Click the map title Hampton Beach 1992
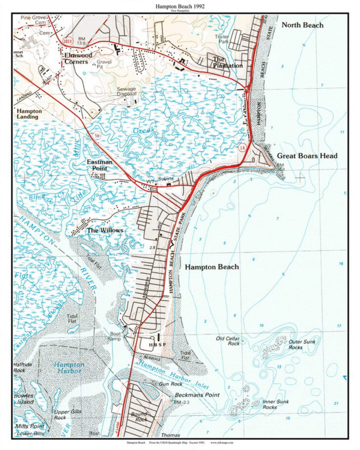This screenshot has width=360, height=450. [x=180, y=6]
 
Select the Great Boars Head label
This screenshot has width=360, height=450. [x=307, y=156]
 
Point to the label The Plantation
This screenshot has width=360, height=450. [x=227, y=62]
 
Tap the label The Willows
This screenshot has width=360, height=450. [x=105, y=230]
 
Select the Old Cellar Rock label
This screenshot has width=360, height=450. [x=227, y=341]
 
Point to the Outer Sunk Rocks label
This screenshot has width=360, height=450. [x=302, y=344]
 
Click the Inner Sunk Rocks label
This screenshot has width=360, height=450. [x=276, y=404]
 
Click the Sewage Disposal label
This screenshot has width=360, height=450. [x=126, y=92]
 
